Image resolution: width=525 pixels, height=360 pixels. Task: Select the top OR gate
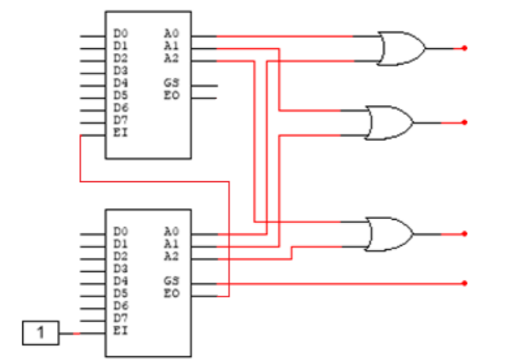(400, 48)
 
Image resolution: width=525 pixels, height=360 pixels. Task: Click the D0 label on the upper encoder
(120, 33)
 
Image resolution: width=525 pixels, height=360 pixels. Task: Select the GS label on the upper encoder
(171, 83)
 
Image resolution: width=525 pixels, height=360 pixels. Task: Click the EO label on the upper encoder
(171, 95)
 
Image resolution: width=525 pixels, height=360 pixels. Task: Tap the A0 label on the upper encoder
(171, 33)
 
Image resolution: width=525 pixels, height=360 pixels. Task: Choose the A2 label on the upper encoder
(171, 58)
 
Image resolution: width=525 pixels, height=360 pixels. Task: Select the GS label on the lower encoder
(171, 281)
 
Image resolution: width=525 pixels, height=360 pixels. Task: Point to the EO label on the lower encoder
(171, 294)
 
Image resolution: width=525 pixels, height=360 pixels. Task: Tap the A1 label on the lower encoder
(171, 244)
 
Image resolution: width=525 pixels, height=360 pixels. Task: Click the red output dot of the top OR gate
(465, 48)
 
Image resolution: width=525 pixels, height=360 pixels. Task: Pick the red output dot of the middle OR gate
(465, 123)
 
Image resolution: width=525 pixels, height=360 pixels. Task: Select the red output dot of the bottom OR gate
(465, 234)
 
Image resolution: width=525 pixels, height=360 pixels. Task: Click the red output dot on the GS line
(465, 282)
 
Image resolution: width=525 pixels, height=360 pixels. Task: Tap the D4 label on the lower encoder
(120, 281)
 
